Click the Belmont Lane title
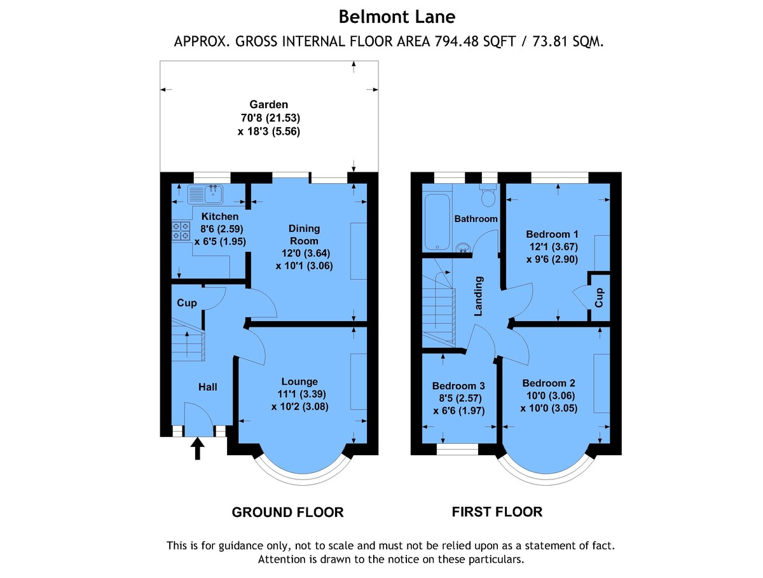tap(388, 15)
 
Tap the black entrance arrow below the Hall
tap(198, 448)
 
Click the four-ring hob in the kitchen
tap(181, 231)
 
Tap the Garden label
tap(268, 104)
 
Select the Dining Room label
tap(304, 235)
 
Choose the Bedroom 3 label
tap(458, 386)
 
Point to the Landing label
tap(479, 296)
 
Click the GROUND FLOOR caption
tap(287, 512)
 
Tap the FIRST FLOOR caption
tap(497, 511)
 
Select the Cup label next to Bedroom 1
tap(599, 297)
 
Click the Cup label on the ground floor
tap(186, 303)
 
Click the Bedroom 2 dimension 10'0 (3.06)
tap(549, 396)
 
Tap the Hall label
tap(208, 387)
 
